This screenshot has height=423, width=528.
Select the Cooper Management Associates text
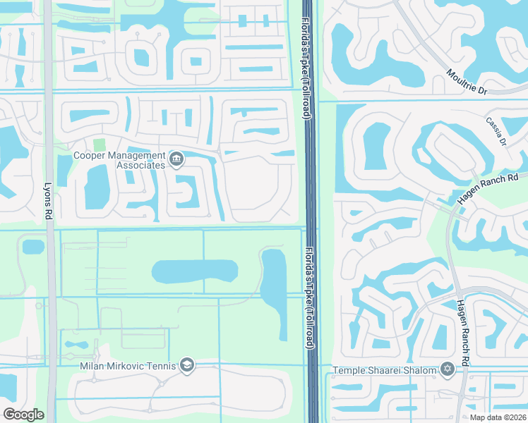(x=119, y=159)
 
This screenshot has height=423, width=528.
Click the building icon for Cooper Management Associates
(x=176, y=159)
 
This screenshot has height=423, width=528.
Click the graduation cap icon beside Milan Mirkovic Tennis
(x=186, y=364)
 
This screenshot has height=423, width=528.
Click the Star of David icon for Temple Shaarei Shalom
(x=446, y=369)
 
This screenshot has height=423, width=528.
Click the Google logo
(x=23, y=415)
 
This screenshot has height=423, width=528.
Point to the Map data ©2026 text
(x=498, y=417)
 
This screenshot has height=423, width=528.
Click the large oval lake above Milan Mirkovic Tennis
(x=195, y=271)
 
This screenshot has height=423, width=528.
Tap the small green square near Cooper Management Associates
(x=98, y=144)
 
